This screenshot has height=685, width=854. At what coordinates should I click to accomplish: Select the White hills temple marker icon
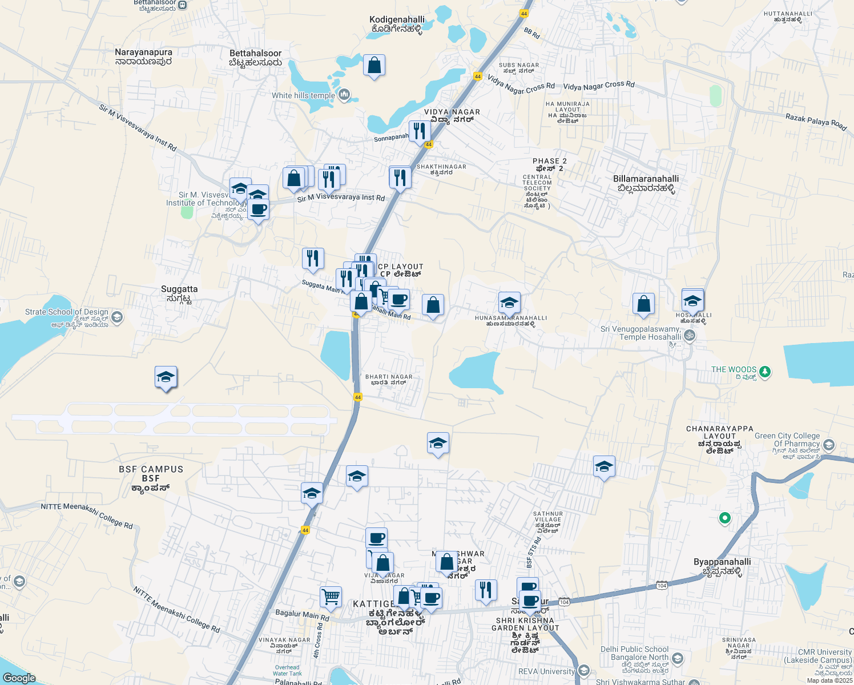[x=344, y=94]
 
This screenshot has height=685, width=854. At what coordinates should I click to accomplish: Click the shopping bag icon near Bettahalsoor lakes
[x=374, y=66]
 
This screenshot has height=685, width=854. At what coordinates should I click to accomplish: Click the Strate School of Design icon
[x=117, y=317]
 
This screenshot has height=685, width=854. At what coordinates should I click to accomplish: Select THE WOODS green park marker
[x=765, y=372]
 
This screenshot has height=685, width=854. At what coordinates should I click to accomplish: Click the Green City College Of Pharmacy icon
[x=829, y=444]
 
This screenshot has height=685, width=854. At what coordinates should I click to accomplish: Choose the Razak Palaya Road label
[x=816, y=121]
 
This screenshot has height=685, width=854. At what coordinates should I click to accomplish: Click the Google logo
[x=19, y=678]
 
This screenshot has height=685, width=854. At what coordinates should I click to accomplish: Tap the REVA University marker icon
[x=583, y=670]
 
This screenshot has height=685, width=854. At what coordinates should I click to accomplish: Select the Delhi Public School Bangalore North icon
[x=678, y=658]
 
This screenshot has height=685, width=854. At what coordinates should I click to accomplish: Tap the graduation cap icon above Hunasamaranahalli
[x=509, y=303]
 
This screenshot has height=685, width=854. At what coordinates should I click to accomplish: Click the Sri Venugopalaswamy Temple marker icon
[x=690, y=335]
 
